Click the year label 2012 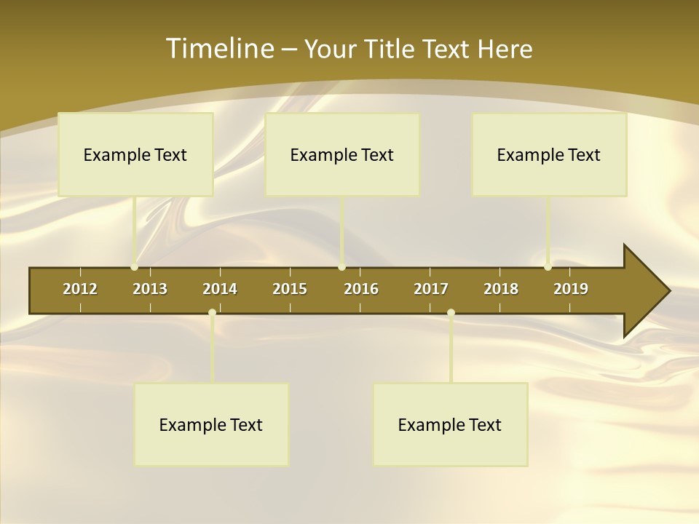80,289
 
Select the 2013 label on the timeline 150,289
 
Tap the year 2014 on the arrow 220,289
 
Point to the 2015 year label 290,289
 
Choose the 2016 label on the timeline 361,289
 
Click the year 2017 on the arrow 431,289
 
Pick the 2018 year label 501,289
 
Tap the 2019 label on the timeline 571,289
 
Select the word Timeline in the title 217,49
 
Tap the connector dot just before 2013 134,266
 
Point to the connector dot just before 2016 341,266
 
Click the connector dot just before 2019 548,266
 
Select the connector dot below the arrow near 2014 212,313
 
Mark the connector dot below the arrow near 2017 451,313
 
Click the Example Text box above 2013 135,154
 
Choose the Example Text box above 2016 342,154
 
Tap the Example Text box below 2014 211,424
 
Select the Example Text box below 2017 450,424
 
